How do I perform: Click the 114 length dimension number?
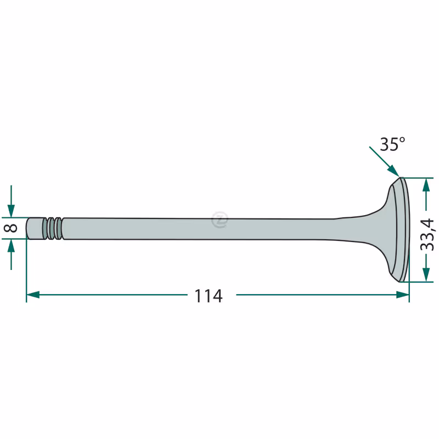209,296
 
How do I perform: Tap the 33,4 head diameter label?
427,235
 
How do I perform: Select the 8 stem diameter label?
10,228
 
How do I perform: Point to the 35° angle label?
392,144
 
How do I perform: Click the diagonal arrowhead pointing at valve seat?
394,171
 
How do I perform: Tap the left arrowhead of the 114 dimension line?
33,295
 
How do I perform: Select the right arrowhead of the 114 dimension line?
403,295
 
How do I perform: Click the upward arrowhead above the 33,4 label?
426,184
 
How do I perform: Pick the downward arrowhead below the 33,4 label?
426,275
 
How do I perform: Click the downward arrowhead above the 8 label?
11,211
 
